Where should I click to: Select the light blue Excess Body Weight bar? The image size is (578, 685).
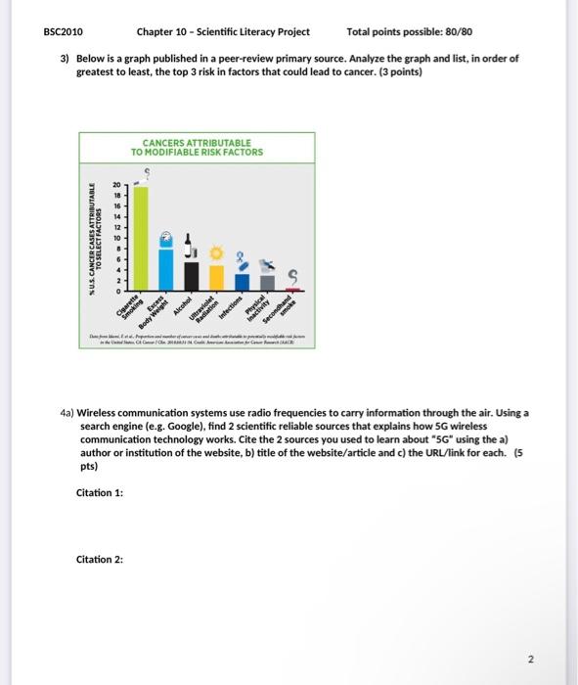(167, 267)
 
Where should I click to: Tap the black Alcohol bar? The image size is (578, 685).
(192, 276)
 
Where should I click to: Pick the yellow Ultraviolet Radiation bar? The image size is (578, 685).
(216, 278)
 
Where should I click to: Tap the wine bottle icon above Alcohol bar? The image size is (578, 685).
(192, 247)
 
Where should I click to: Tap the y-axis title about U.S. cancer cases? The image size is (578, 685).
(96, 239)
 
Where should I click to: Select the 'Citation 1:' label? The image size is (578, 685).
(100, 492)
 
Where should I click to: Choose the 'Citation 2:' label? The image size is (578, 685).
(100, 559)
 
